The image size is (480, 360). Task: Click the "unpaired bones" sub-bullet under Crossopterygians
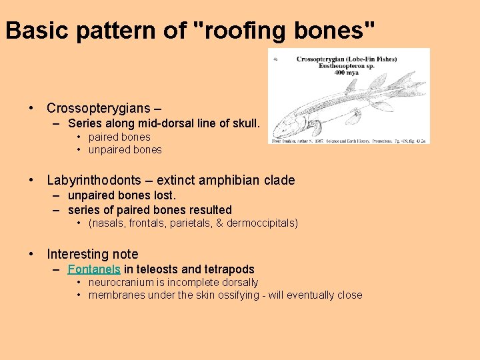(125, 150)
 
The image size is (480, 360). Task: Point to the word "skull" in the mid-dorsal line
(245, 123)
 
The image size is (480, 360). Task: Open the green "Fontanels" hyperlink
(94, 269)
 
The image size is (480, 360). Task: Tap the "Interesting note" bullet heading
(93, 254)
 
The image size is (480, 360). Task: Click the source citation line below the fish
(349, 141)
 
